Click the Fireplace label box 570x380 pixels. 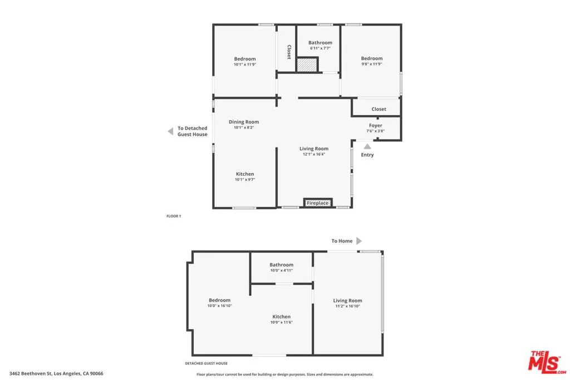coord(318,203)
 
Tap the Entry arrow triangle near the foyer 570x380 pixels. coord(367,146)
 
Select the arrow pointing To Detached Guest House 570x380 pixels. coord(170,131)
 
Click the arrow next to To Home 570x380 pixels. coord(359,241)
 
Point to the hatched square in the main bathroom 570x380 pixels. coord(306,65)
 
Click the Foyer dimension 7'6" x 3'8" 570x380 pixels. coord(376,131)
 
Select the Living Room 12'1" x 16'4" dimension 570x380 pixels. coord(314,154)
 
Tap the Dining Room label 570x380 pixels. coord(244,122)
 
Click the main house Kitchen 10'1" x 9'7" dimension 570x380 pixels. coord(245,180)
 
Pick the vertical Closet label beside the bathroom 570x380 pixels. coord(289,52)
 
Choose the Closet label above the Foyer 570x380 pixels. coord(379,109)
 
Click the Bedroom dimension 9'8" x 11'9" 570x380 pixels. coord(372,64)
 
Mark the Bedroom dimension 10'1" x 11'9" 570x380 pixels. coord(245,65)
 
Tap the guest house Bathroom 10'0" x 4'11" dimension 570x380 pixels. coord(282,270)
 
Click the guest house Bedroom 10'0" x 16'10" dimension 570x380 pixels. coord(219,305)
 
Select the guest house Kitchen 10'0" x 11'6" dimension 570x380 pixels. coord(282,322)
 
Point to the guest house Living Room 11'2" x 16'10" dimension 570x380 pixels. coord(348,306)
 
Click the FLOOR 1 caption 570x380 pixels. coord(174,216)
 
